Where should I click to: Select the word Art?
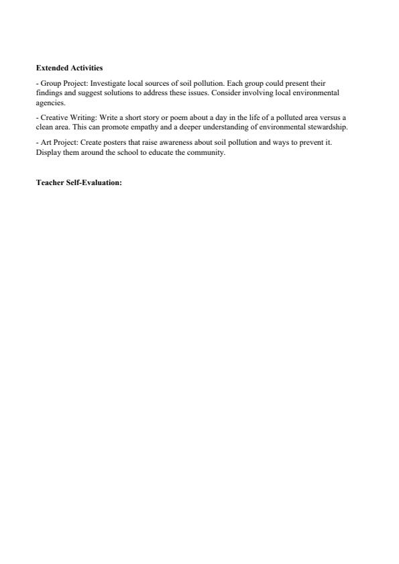[45, 143]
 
